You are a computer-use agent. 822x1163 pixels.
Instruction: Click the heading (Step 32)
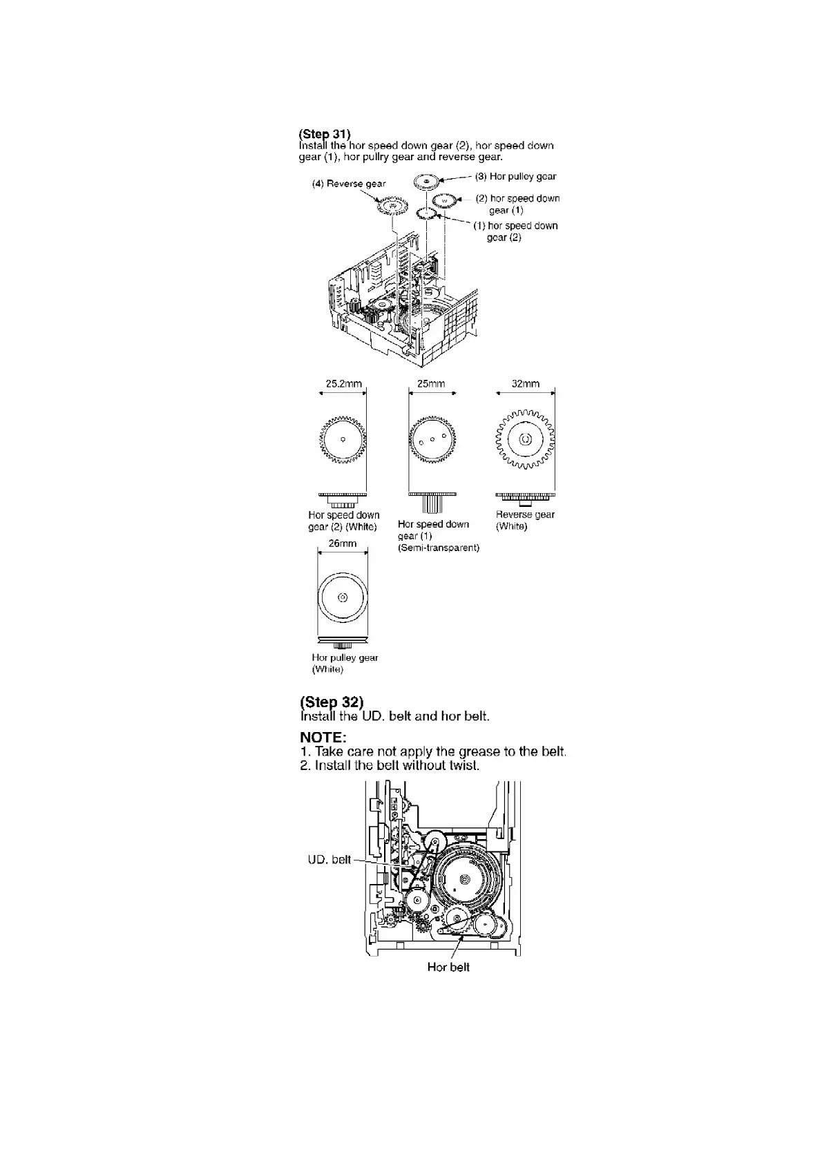coord(331,702)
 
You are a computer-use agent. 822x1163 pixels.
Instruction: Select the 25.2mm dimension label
coord(343,384)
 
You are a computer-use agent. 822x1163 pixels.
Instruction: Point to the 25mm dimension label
coord(431,384)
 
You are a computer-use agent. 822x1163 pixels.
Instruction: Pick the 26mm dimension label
coord(343,544)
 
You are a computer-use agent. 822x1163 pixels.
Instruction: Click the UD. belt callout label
coord(329,860)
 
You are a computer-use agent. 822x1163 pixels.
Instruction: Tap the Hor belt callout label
coord(448,967)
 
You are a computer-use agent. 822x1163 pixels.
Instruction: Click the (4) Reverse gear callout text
coord(348,184)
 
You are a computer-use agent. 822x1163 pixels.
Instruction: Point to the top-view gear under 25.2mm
coord(343,440)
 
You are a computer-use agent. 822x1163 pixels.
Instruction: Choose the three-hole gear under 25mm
coord(432,439)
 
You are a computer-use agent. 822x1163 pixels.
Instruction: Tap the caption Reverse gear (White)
coord(525,520)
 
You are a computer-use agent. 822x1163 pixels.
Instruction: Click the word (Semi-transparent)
coord(439,548)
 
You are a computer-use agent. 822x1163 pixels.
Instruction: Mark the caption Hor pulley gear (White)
coord(345,663)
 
